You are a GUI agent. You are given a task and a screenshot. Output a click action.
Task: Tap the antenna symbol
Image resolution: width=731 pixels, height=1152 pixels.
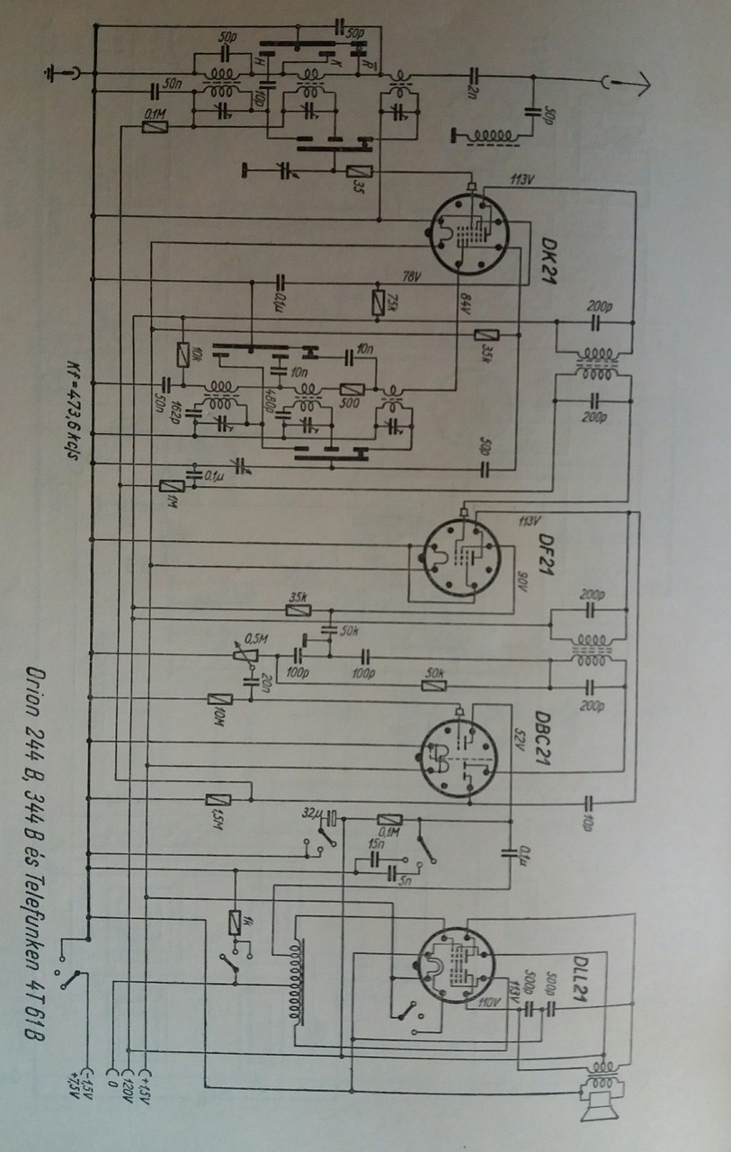point(627,83)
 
